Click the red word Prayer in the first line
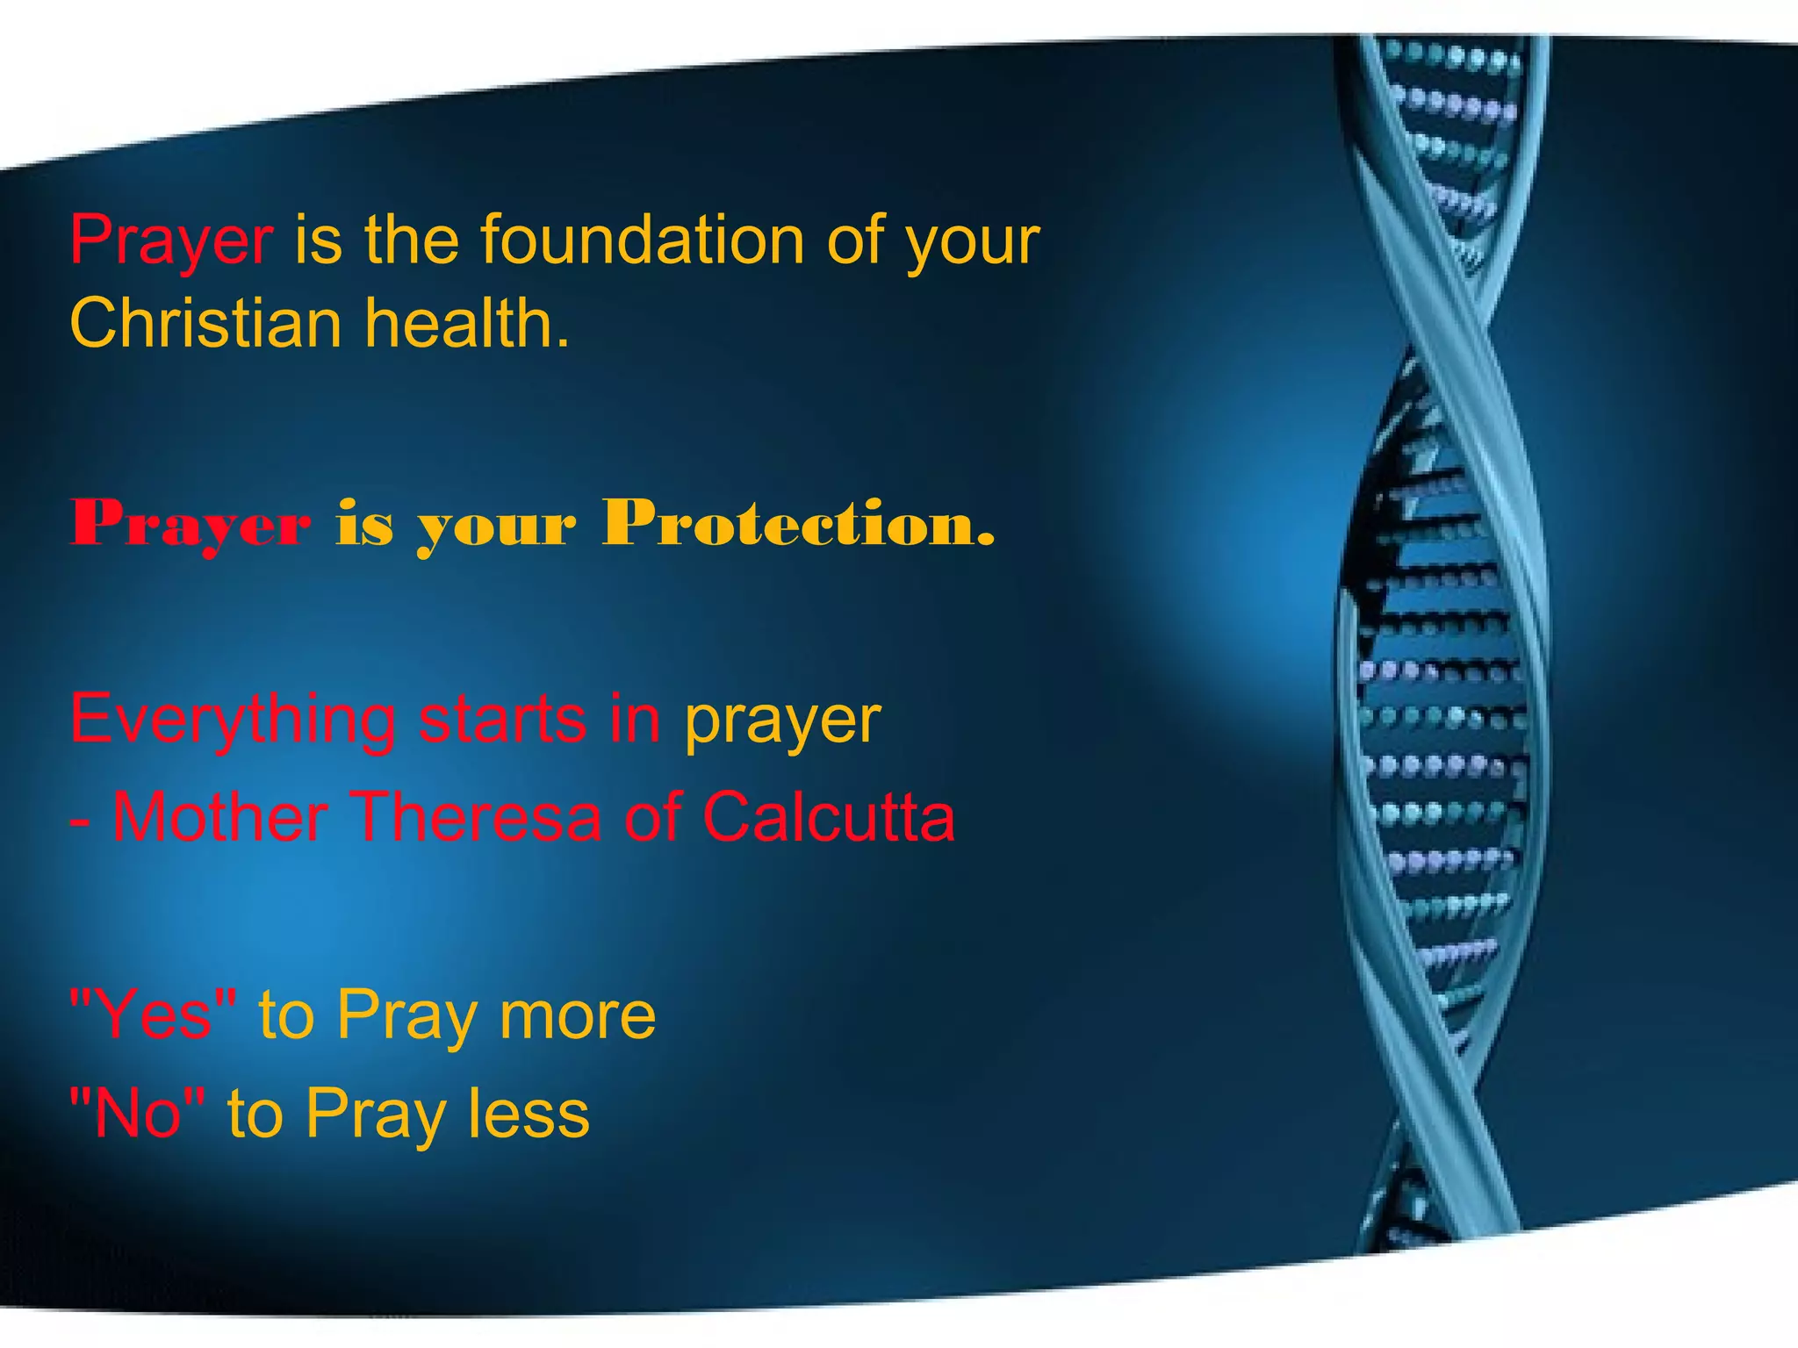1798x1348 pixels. [171, 240]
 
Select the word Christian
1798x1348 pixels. [205, 323]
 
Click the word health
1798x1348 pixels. [467, 323]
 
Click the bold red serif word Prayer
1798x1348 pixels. [191, 524]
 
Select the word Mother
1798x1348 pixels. [220, 817]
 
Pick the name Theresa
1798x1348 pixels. [478, 817]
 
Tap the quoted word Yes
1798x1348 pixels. [154, 1015]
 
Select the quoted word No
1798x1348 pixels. [138, 1113]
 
